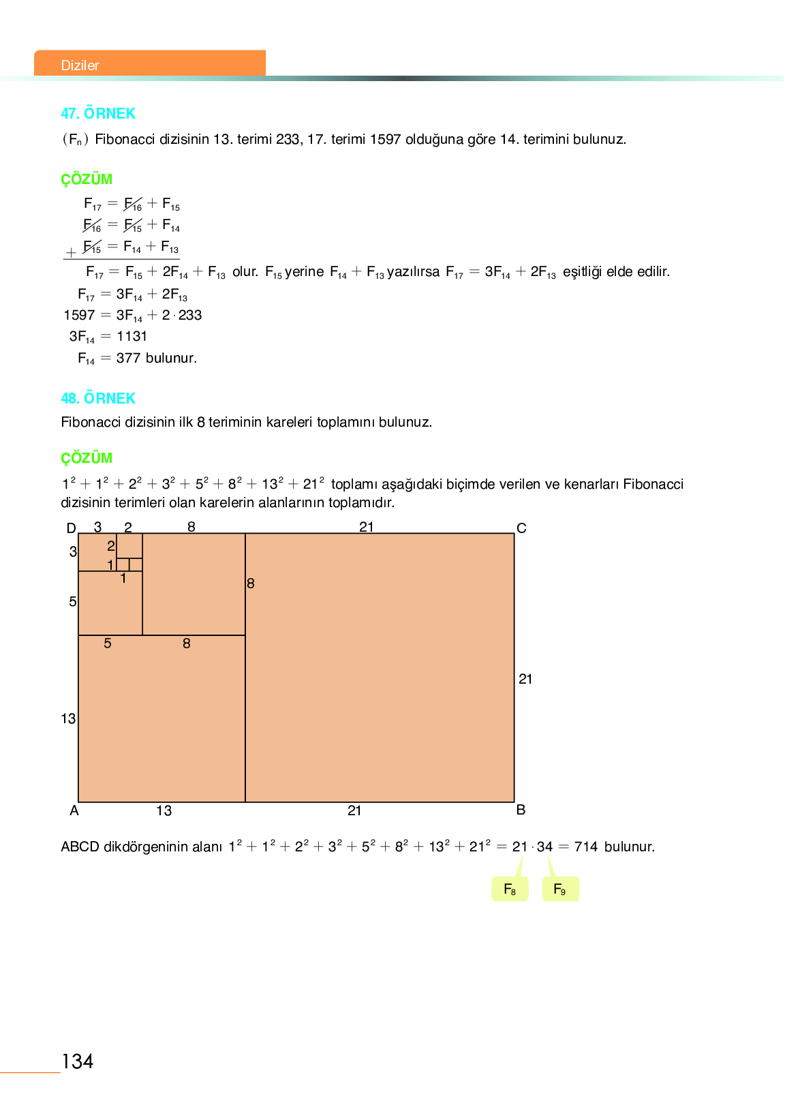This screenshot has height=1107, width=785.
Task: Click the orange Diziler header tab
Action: pos(149,63)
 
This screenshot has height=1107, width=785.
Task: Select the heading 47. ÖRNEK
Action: pos(98,113)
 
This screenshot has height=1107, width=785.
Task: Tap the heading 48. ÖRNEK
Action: pos(98,398)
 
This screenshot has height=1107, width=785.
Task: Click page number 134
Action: pos(77,1061)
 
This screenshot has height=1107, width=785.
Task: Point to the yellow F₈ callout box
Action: pos(510,889)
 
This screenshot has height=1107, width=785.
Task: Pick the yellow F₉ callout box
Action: pos(560,889)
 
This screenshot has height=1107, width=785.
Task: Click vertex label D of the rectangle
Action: pos(71,528)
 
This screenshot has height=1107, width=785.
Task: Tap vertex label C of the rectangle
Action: pos(521,528)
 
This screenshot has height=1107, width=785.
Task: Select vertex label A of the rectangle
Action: pos(74,810)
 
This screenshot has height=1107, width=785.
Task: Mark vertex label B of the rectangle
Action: pos(521,810)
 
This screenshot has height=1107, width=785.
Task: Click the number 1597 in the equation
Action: pos(79,315)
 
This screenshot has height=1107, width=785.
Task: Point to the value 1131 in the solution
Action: pos(132,336)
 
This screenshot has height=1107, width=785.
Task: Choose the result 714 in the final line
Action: pos(586,847)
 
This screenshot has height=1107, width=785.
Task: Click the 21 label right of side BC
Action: pos(525,679)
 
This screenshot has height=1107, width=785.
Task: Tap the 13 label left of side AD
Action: pos(68,718)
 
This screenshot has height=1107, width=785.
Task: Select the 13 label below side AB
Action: pos(164,810)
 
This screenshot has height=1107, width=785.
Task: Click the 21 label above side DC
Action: pos(367,526)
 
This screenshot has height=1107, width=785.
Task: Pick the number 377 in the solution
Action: pos(128,358)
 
